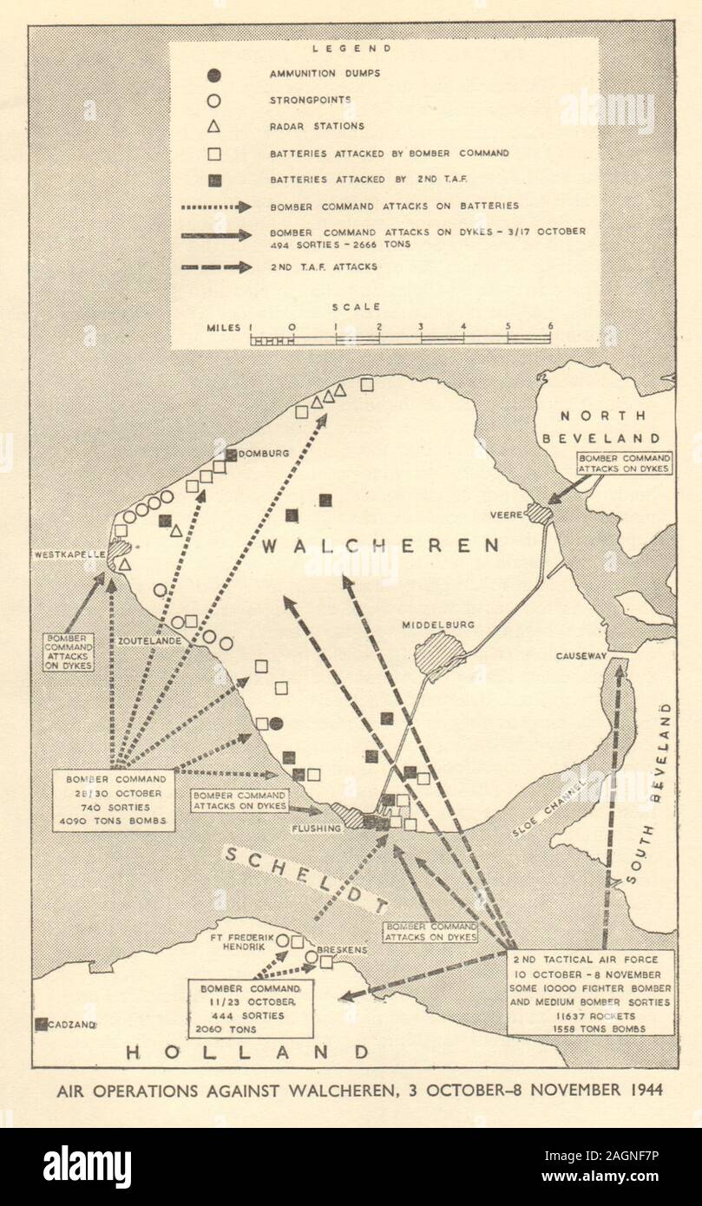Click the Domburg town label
264,453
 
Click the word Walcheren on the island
380,546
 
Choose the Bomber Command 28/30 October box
116,797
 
